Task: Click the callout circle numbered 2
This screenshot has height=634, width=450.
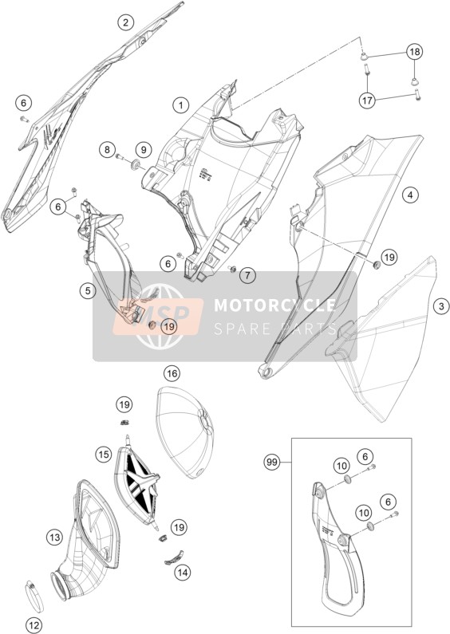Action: click(x=126, y=22)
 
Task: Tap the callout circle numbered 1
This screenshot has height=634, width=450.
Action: click(x=181, y=105)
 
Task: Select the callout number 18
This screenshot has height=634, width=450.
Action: click(x=415, y=52)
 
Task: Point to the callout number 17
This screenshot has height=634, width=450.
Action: click(x=368, y=100)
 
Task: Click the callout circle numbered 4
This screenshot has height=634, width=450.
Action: click(x=410, y=195)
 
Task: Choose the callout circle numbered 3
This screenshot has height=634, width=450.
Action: click(x=441, y=306)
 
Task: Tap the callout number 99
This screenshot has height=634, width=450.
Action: click(x=272, y=462)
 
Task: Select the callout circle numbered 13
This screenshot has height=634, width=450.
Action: click(x=54, y=538)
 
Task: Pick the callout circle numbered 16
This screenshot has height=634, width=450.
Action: click(x=172, y=373)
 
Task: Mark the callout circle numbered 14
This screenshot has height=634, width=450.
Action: click(x=183, y=572)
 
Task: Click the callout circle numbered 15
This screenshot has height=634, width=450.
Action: click(x=104, y=454)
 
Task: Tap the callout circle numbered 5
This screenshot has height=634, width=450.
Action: click(x=88, y=290)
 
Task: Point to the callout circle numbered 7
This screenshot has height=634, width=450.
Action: click(x=247, y=276)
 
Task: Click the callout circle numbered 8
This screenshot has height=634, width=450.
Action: click(x=107, y=150)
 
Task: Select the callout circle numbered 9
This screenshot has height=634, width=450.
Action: click(x=144, y=150)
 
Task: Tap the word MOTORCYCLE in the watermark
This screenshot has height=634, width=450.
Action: click(x=274, y=305)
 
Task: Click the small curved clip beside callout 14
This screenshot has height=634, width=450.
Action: click(x=175, y=557)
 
